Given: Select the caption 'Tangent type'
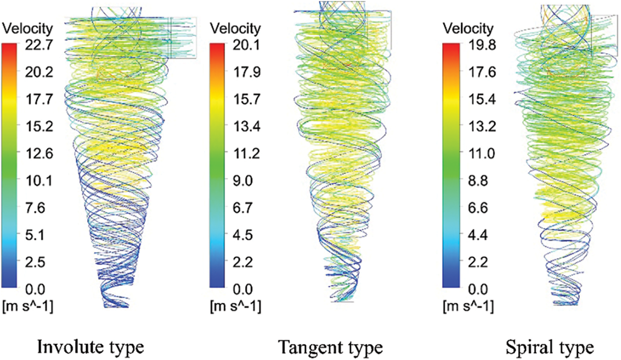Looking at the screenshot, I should click(x=330, y=345).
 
